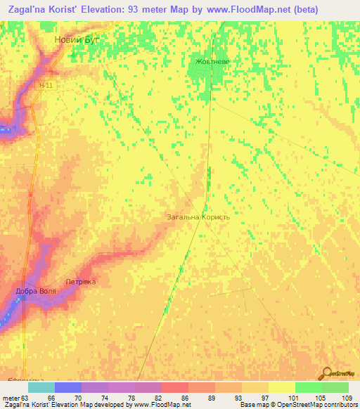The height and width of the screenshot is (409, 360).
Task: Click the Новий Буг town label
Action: (x=77, y=40)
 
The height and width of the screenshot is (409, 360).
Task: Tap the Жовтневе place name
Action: (x=212, y=62)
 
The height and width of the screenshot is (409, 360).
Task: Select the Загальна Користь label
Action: (x=198, y=218)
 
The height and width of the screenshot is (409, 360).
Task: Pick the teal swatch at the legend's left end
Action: (x=41, y=387)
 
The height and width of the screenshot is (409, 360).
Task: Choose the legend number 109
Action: (x=346, y=397)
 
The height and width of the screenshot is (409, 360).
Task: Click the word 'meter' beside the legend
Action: (x=10, y=397)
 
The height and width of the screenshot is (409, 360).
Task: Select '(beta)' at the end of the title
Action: (x=283, y=10)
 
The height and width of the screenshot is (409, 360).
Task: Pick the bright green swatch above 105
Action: (x=308, y=387)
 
